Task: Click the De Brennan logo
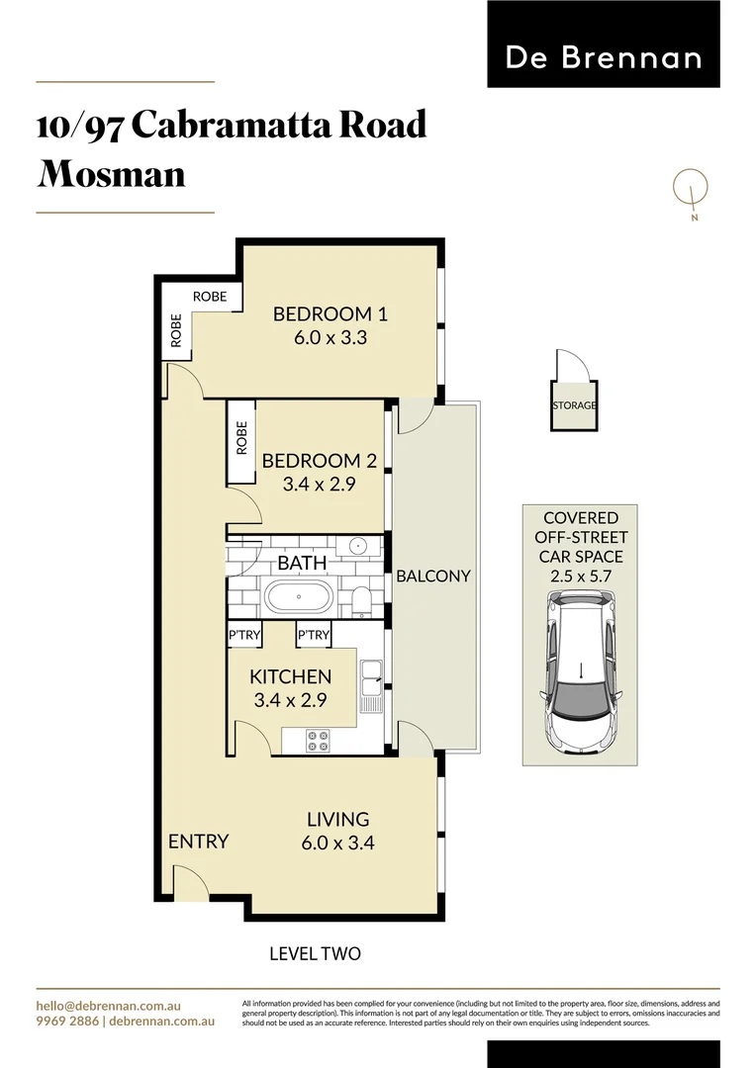point(603,57)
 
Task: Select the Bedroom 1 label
point(330,314)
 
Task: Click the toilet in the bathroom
point(361,599)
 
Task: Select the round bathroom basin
point(358,547)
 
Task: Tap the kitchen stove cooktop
point(320,741)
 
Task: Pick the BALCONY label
point(433,576)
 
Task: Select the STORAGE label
point(574,405)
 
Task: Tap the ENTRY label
point(198,842)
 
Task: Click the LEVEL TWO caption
point(315,954)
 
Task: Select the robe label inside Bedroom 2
point(241,439)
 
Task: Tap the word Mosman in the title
point(111,174)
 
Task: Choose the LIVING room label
point(337,819)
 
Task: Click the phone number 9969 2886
point(67,1022)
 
